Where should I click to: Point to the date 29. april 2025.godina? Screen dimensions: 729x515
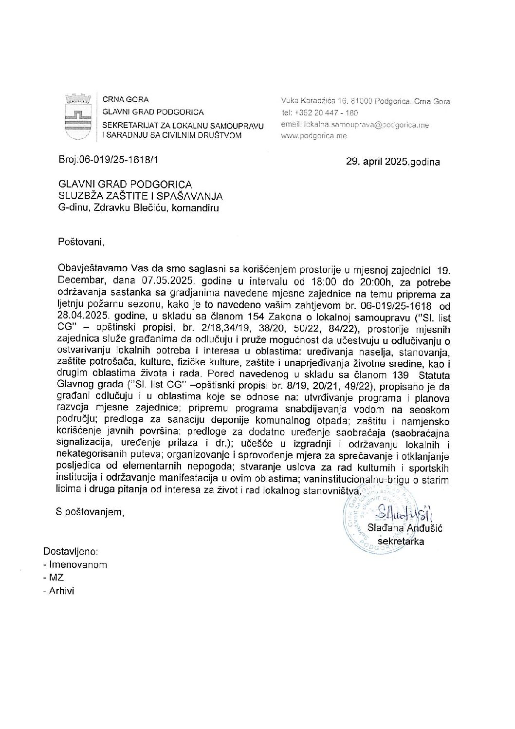pos(392,162)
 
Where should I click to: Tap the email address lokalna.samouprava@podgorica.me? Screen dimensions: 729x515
pos(355,125)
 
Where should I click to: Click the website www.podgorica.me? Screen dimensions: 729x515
pos(314,136)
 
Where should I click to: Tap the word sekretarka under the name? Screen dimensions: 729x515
pos(401,541)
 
